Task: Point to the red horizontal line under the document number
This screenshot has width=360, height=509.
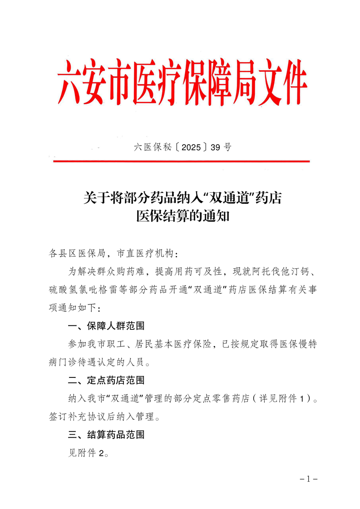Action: (x=182, y=161)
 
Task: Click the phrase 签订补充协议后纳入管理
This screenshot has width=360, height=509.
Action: (x=100, y=416)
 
